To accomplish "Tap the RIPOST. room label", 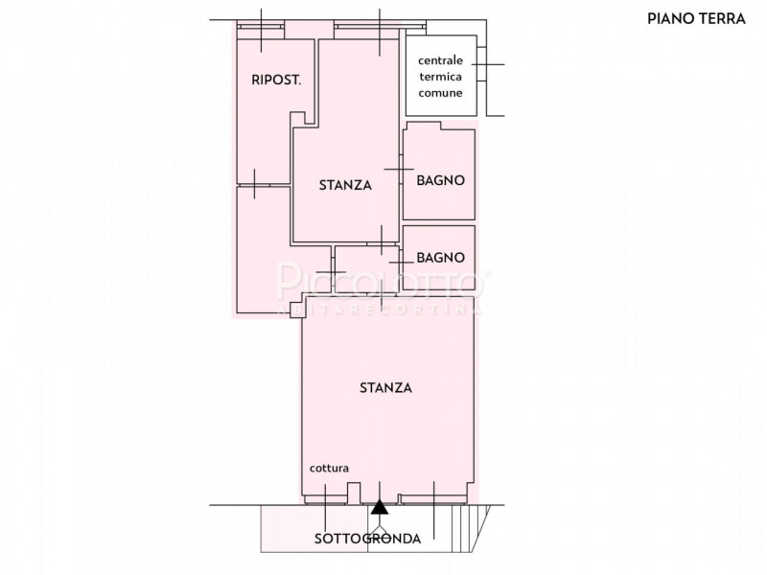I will coord(276,80).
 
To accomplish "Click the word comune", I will coord(441,93).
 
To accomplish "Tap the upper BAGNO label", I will coord(441,180).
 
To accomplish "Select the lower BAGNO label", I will coord(441,258).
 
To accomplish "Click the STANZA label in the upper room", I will coord(345,186).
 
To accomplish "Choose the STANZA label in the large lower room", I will coord(385,388).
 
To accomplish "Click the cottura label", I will coord(329,469).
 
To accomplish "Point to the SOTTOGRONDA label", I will coord(367,539).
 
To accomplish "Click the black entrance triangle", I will coord(381,508).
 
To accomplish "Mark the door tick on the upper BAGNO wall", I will coord(399,169).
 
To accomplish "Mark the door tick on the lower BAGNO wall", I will coord(399,257).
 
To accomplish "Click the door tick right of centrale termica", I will coord(487,64).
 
